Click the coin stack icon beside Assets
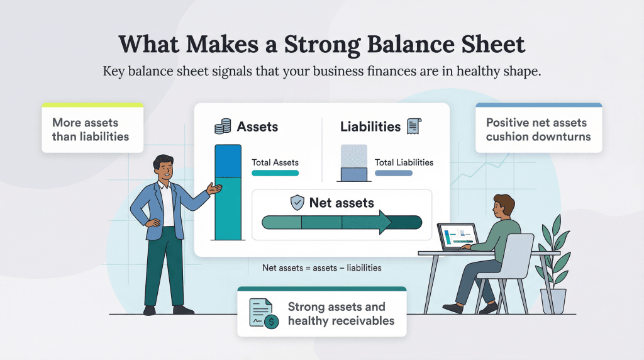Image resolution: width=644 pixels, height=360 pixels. (223, 127)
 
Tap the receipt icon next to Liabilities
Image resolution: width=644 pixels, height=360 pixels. (413, 126)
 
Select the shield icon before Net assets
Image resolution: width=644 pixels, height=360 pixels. (297, 203)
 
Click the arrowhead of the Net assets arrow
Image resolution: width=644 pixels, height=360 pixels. (385, 222)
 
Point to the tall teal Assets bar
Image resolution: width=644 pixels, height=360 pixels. (228, 193)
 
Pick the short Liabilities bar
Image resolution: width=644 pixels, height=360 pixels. (353, 175)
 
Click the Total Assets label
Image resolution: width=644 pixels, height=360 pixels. (275, 162)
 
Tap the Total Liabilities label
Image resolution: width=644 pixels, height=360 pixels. (404, 162)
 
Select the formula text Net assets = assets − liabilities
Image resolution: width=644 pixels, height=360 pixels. (321, 267)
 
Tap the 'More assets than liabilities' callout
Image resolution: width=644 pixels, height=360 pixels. (92, 129)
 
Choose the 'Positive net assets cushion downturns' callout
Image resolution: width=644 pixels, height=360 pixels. (538, 129)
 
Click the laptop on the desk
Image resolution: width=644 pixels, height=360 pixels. (458, 237)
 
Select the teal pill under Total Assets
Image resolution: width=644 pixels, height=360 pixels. (275, 173)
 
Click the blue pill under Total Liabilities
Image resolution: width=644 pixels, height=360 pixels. (394, 173)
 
